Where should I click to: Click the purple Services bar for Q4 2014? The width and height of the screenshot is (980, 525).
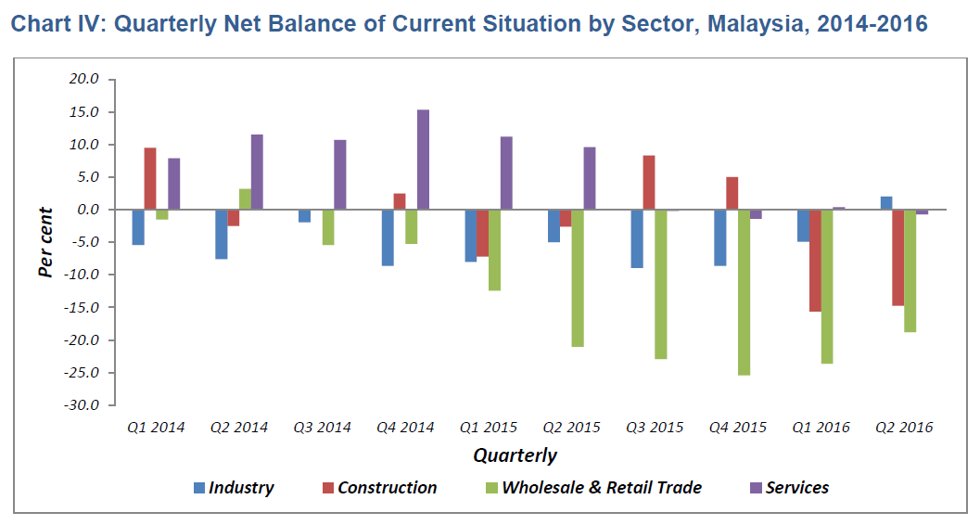coord(423,160)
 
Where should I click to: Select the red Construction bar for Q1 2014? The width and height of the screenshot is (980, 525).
coord(150,179)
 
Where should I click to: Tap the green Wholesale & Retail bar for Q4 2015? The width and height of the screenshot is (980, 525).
coord(744,292)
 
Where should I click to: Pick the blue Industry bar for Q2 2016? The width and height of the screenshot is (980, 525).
coord(886,203)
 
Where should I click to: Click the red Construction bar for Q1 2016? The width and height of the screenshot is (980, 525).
coord(815,261)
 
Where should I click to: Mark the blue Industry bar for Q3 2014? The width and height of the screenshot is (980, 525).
coord(304,216)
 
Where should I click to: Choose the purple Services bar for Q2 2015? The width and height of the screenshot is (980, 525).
coord(590,178)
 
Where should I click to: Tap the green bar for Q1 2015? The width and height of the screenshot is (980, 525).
coord(494,250)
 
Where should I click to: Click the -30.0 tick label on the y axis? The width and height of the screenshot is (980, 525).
coord(83,405)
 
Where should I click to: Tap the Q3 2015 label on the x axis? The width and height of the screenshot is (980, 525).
coord(655,428)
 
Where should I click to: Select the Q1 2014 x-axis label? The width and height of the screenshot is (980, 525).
coord(157,428)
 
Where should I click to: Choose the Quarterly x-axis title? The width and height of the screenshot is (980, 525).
coord(515,455)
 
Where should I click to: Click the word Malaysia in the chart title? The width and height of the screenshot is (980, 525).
coord(752,24)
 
